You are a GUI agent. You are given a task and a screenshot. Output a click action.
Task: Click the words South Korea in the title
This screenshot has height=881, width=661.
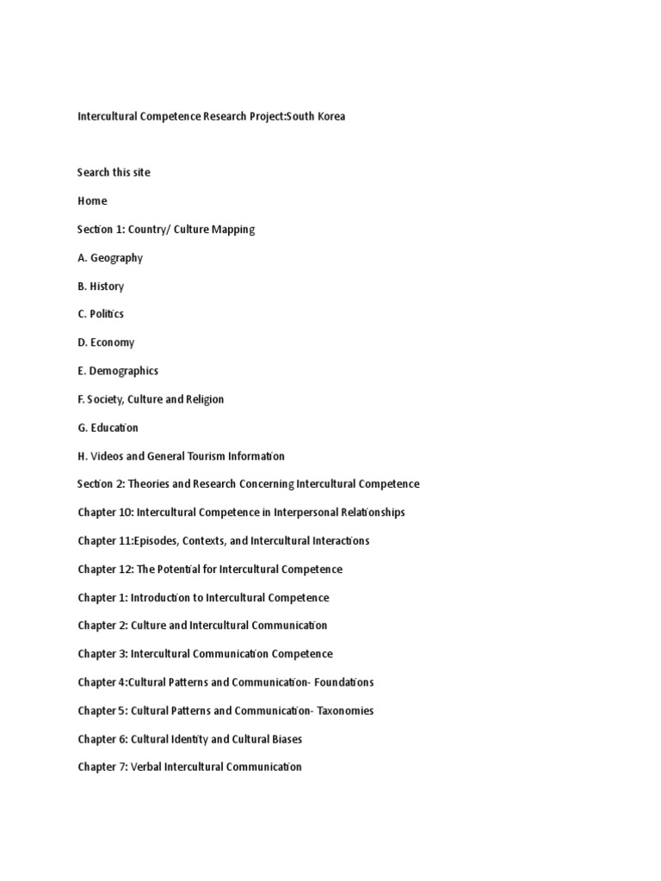click(316, 116)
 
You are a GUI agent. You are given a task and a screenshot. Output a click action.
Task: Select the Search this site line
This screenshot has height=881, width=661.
click(114, 172)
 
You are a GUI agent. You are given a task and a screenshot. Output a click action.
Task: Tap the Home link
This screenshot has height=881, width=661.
click(92, 200)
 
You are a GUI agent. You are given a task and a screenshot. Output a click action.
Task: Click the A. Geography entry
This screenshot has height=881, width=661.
click(110, 257)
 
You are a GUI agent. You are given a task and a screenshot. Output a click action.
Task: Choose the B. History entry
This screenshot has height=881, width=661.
click(101, 286)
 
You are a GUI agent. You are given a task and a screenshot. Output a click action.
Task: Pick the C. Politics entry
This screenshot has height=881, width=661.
click(101, 314)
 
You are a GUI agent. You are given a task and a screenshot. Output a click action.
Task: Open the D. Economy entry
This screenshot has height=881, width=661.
click(106, 342)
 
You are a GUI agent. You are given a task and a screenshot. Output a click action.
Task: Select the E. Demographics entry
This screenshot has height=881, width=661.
click(118, 371)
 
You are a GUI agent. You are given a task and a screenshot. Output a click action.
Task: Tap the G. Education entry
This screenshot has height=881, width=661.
click(108, 428)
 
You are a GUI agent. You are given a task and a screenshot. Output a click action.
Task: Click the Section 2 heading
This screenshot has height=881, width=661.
click(248, 484)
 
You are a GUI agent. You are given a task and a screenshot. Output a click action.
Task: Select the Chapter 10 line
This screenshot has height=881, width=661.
click(241, 512)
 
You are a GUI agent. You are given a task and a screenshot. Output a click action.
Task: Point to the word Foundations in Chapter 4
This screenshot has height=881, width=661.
click(344, 682)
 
